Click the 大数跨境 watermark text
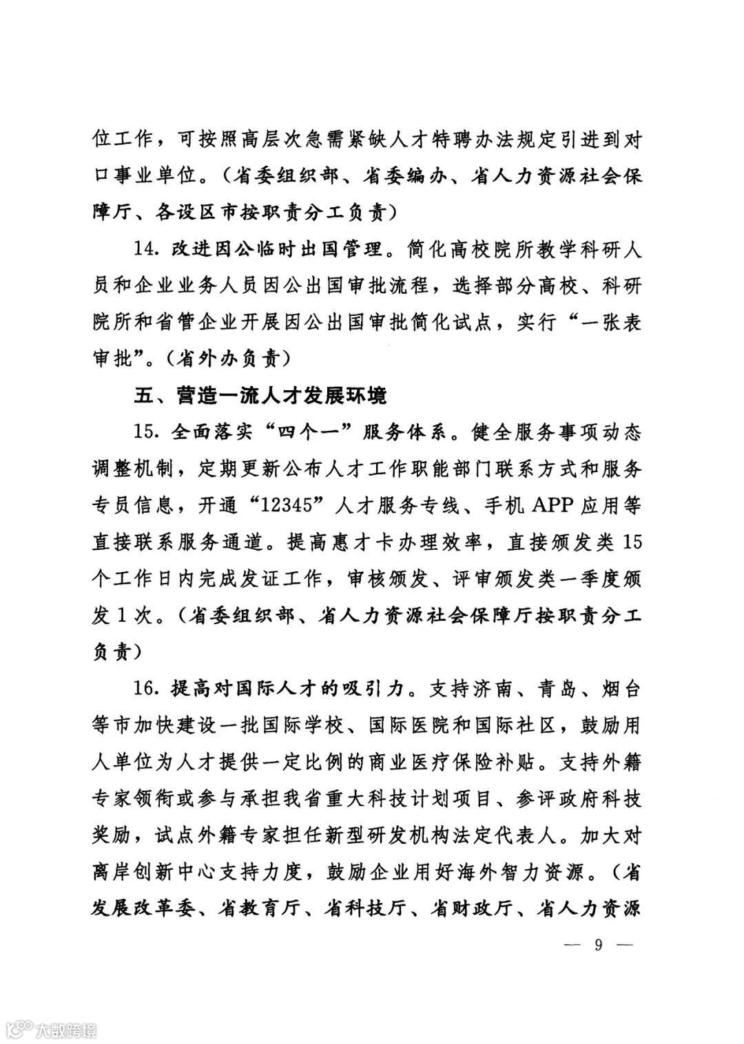pos(67,1030)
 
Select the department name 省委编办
pos(411,177)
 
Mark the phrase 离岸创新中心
pos(156,871)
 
